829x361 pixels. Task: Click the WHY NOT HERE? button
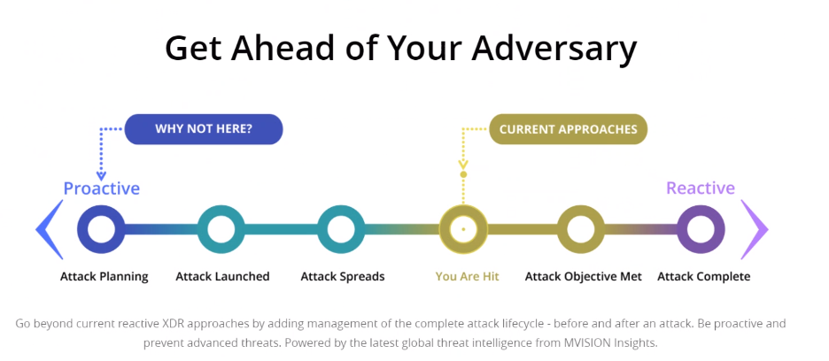[204, 129]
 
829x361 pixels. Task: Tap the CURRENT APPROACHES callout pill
[569, 129]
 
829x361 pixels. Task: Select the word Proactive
[102, 188]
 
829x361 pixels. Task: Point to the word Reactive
[701, 188]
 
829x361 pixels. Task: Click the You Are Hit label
[468, 276]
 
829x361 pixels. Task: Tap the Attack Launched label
[222, 276]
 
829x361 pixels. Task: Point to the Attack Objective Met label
[583, 277]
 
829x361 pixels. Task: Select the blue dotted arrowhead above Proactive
[101, 177]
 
